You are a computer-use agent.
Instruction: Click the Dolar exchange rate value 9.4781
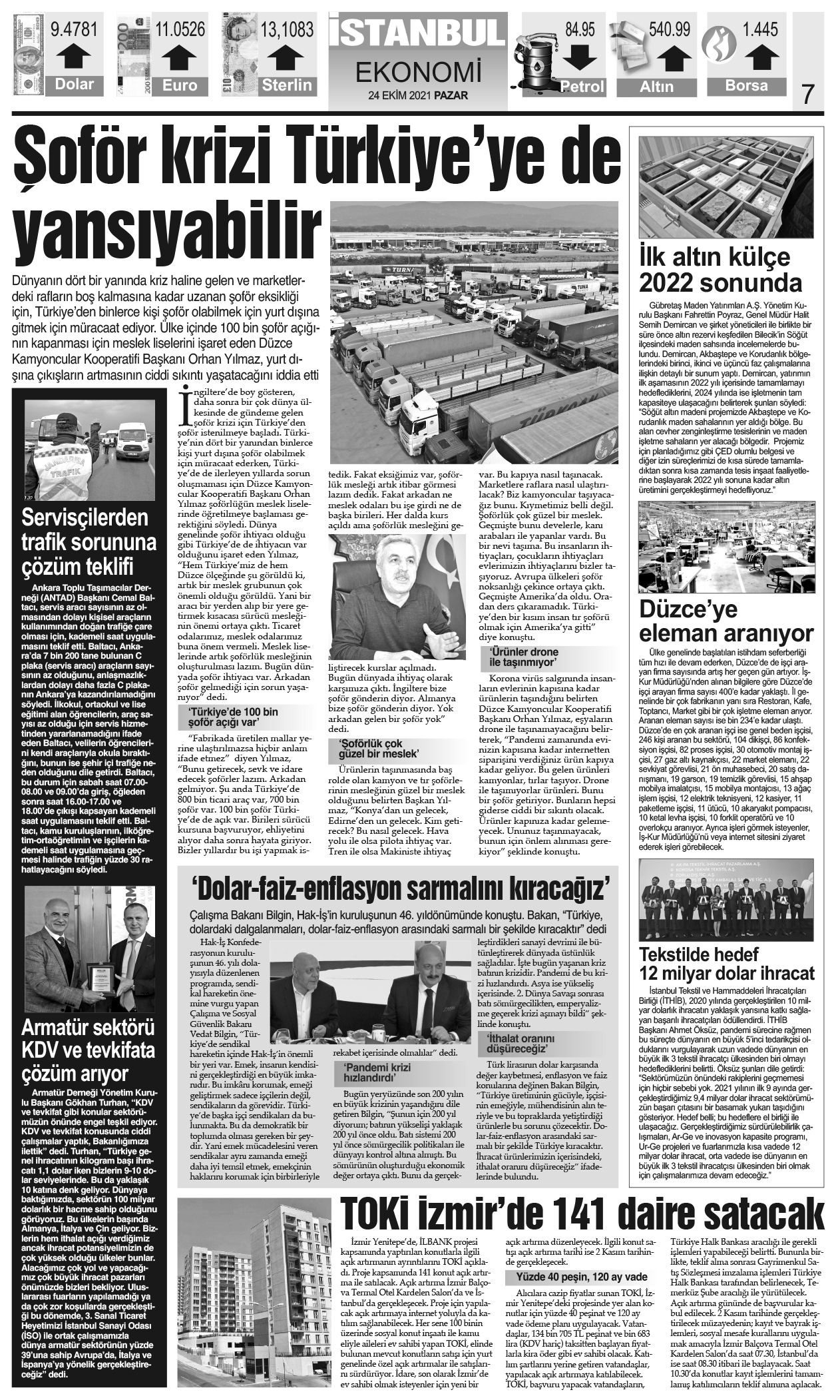[x=74, y=30]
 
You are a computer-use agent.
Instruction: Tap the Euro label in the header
[x=180, y=85]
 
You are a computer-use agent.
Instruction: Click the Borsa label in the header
[x=746, y=85]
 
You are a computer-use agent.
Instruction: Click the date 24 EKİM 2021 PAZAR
[x=417, y=95]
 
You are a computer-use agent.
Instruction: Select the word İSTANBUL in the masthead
[x=417, y=31]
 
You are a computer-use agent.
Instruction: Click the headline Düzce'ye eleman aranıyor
[x=726, y=619]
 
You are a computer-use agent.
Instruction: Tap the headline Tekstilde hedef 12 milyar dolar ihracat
[x=726, y=962]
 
